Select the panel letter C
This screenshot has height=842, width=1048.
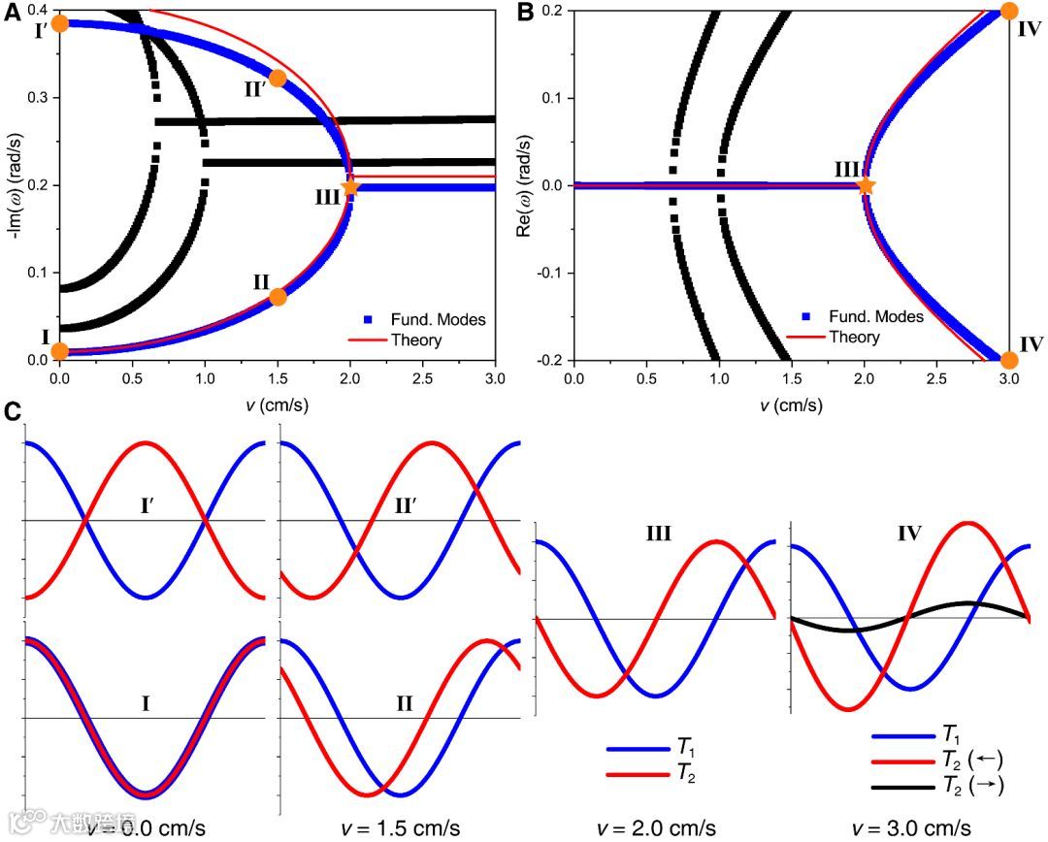pyautogui.click(x=13, y=412)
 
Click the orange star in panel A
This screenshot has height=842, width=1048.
pyautogui.click(x=350, y=187)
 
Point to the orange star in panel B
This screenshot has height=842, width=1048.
pyautogui.click(x=866, y=185)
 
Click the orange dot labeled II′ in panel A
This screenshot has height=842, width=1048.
pyautogui.click(x=278, y=79)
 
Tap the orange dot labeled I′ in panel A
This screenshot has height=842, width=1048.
pyautogui.click(x=59, y=22)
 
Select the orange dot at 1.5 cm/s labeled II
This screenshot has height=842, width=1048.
pyautogui.click(x=278, y=297)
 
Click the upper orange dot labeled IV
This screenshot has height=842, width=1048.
pyautogui.click(x=1009, y=12)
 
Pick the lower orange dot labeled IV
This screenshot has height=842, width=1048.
pyautogui.click(x=1009, y=360)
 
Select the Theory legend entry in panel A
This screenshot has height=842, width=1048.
pyautogui.click(x=415, y=340)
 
